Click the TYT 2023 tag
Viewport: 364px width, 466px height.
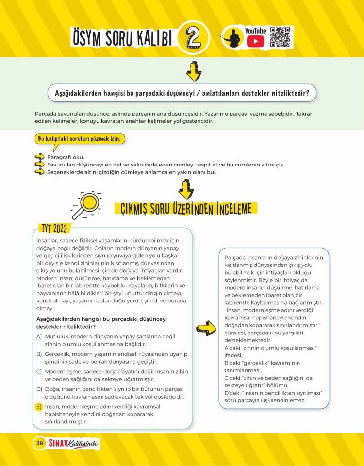point(53,229)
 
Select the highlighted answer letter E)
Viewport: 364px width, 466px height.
point(39,407)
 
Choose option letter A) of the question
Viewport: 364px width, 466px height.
point(39,336)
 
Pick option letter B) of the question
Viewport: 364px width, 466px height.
point(39,354)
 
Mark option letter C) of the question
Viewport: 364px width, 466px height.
point(39,371)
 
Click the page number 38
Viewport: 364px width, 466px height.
point(39,443)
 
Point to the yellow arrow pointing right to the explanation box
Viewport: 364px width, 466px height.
point(207,328)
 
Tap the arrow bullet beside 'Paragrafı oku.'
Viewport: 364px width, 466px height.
point(39,157)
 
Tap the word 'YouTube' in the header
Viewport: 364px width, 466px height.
point(255,31)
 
